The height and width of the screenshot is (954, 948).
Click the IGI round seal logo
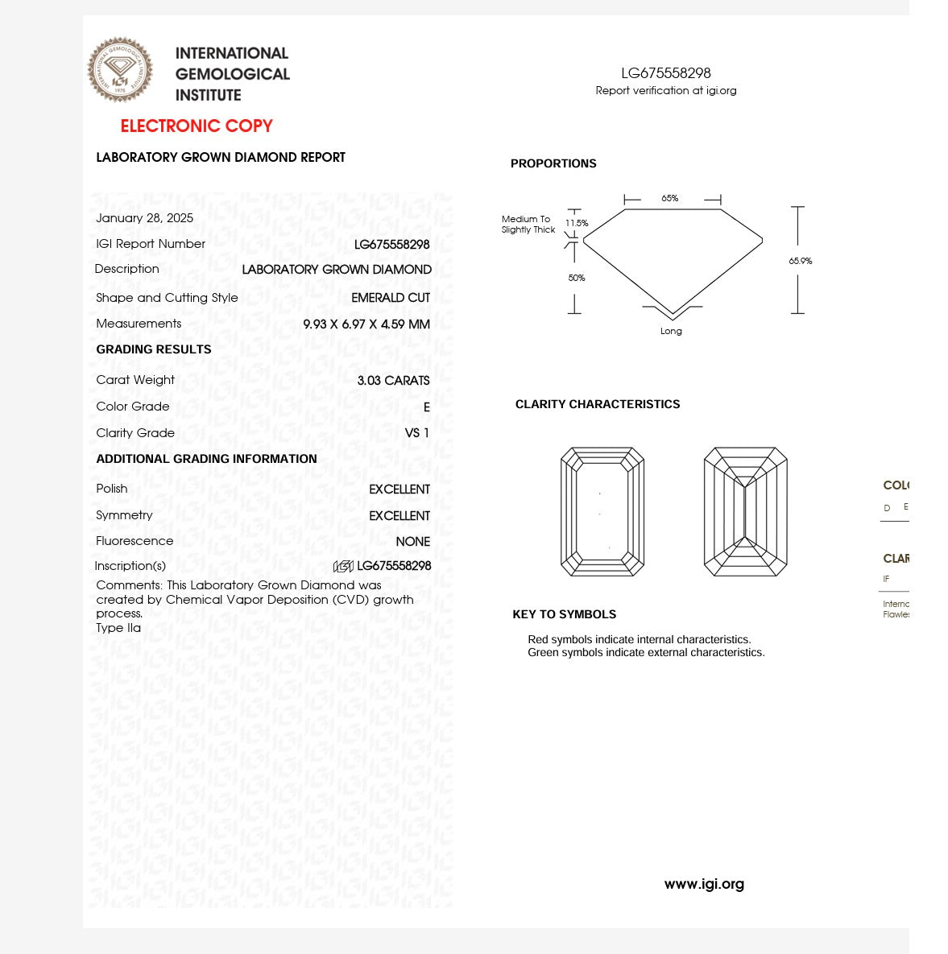pyautogui.click(x=120, y=70)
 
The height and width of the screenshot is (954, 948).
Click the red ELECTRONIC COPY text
pyautogui.click(x=197, y=126)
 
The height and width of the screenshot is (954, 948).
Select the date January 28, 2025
pyautogui.click(x=144, y=218)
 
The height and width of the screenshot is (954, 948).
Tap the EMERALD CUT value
pyautogui.click(x=391, y=298)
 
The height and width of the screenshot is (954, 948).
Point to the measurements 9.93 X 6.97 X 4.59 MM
pyautogui.click(x=366, y=324)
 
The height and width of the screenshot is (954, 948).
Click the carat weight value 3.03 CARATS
pyautogui.click(x=393, y=380)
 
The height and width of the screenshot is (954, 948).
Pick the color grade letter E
pyautogui.click(x=426, y=407)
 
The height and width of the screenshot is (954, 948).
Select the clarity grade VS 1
pyautogui.click(x=416, y=433)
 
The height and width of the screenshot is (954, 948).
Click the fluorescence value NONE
pyautogui.click(x=412, y=542)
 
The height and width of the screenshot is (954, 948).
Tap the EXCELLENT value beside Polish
pyautogui.click(x=399, y=489)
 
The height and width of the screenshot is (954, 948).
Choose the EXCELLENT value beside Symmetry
pyautogui.click(x=399, y=516)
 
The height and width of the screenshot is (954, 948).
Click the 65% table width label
pyautogui.click(x=670, y=198)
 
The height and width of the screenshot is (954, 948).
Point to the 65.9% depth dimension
pyautogui.click(x=801, y=261)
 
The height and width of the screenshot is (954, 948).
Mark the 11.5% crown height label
pyautogui.click(x=577, y=223)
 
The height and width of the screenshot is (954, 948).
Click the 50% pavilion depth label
pyautogui.click(x=577, y=278)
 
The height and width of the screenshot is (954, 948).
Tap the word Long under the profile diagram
pyautogui.click(x=671, y=331)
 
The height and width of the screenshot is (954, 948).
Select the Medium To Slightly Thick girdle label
pyautogui.click(x=528, y=224)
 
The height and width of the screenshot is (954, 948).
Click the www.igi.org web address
pyautogui.click(x=704, y=884)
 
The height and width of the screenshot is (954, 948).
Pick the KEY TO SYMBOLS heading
pyautogui.click(x=564, y=614)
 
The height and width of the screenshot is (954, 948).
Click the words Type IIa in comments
pyautogui.click(x=118, y=628)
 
